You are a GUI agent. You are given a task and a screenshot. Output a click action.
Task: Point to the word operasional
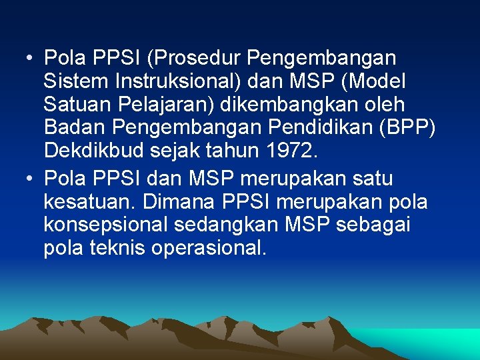tap(209, 249)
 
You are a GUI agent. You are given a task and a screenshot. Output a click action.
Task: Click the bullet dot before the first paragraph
tap(31, 59)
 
